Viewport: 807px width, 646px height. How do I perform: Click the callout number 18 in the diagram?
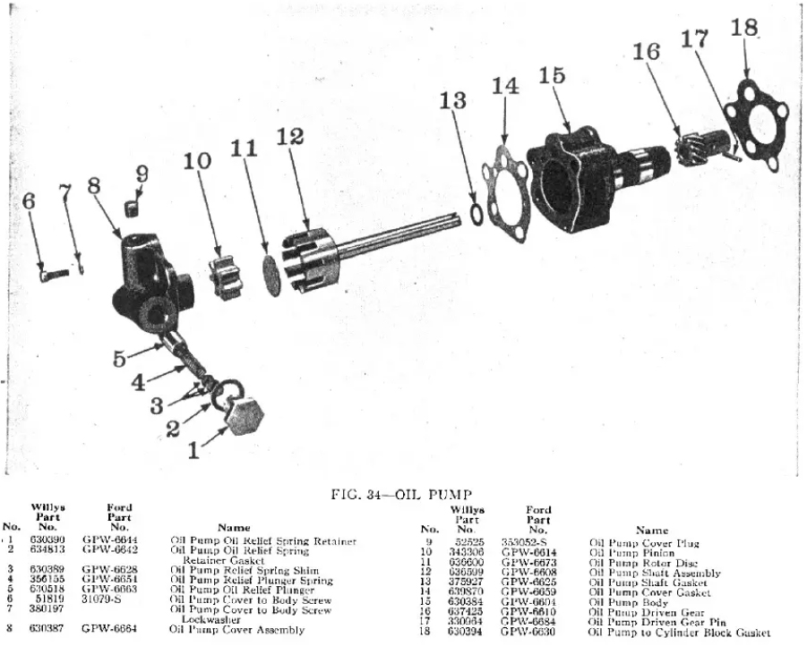click(744, 28)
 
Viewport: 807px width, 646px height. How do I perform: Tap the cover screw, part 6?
click(51, 275)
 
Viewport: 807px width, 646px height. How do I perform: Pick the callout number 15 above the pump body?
click(552, 77)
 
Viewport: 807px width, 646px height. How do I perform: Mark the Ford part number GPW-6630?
click(529, 632)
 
